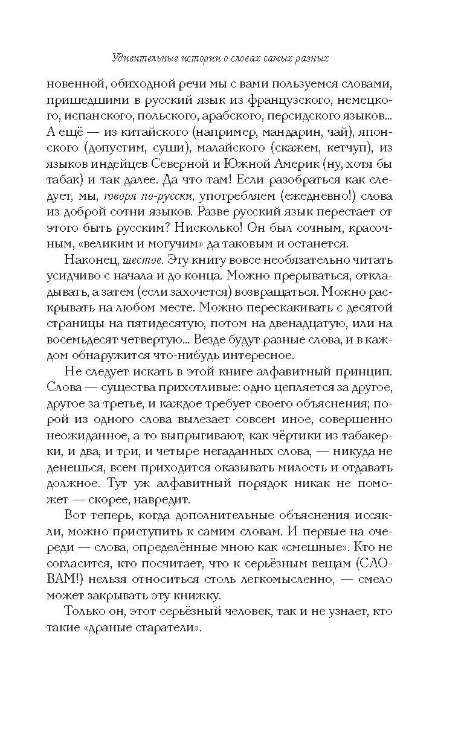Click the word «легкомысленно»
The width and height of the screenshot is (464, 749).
pyautogui.click(x=283, y=578)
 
